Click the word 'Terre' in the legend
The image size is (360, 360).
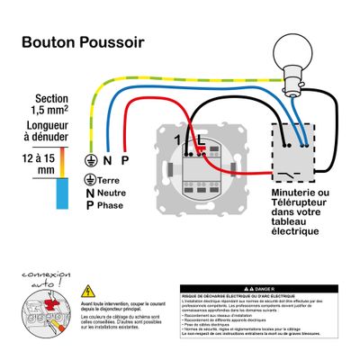(x=113, y=180)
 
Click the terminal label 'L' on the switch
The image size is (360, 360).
(x=200, y=141)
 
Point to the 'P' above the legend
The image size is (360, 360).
(x=125, y=160)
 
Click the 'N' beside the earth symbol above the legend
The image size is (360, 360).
(x=107, y=160)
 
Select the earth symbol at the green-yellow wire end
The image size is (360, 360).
(x=91, y=160)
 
